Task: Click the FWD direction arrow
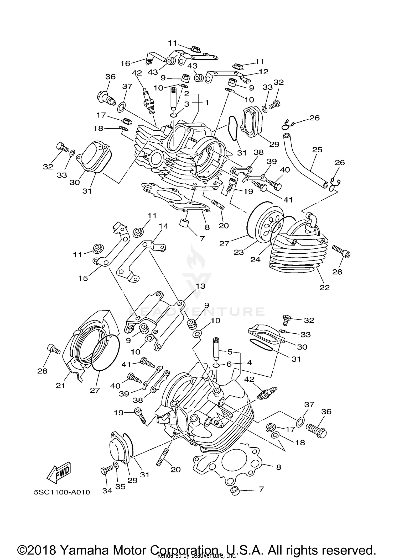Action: [59, 472]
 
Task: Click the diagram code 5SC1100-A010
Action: [62, 492]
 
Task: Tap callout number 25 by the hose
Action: [317, 150]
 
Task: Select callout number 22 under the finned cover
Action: [324, 287]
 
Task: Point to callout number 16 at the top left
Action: [125, 63]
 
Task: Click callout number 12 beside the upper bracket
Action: [263, 71]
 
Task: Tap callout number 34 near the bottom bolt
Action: [107, 491]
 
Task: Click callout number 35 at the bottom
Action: [121, 487]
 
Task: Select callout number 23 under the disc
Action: [239, 252]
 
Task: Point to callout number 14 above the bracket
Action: [163, 226]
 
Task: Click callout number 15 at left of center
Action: [83, 278]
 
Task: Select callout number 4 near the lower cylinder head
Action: [249, 362]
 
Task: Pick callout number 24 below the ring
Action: [255, 259]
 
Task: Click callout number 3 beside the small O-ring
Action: [186, 104]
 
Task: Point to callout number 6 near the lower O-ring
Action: [229, 364]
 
